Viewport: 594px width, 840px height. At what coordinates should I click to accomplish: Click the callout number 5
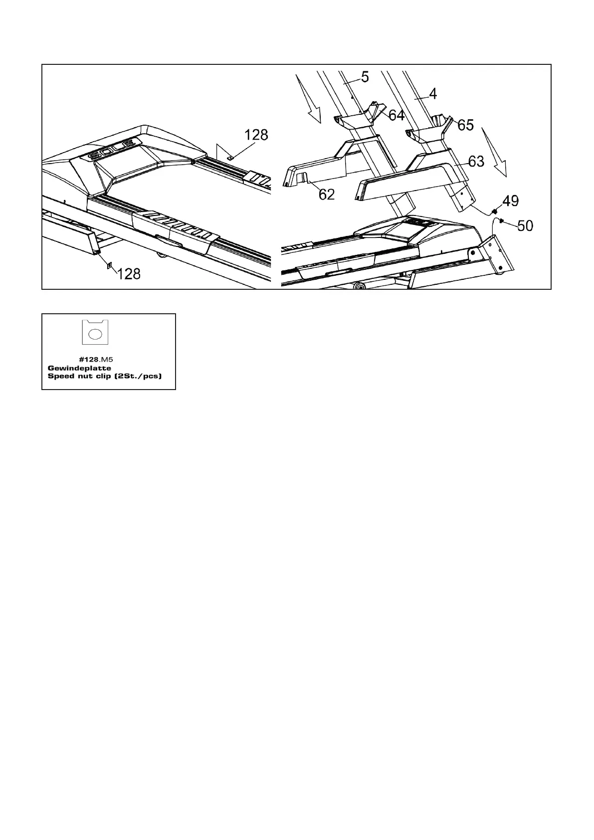click(365, 77)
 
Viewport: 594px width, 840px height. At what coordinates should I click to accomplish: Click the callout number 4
click(433, 93)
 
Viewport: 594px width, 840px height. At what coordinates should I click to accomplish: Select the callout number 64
click(396, 116)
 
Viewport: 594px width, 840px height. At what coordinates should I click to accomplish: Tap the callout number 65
click(465, 125)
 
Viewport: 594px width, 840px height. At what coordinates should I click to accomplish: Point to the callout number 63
click(476, 162)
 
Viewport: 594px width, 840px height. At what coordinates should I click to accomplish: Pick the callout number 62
click(326, 195)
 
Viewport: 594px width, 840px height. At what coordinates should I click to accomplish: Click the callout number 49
click(510, 202)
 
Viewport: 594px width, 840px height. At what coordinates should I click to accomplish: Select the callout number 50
click(525, 226)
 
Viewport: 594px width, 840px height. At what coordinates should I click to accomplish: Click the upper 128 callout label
click(256, 135)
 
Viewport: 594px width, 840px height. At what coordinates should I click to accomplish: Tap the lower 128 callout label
click(129, 273)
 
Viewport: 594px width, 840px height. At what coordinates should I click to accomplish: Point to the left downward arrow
click(308, 100)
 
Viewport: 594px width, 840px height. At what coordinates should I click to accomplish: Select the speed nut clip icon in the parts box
click(95, 332)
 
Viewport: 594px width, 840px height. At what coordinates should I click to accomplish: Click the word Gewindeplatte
click(79, 368)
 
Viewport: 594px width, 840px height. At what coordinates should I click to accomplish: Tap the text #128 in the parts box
click(89, 359)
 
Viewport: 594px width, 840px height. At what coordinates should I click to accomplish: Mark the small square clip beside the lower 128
click(109, 265)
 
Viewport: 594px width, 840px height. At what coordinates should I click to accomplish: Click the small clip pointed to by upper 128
click(230, 157)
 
